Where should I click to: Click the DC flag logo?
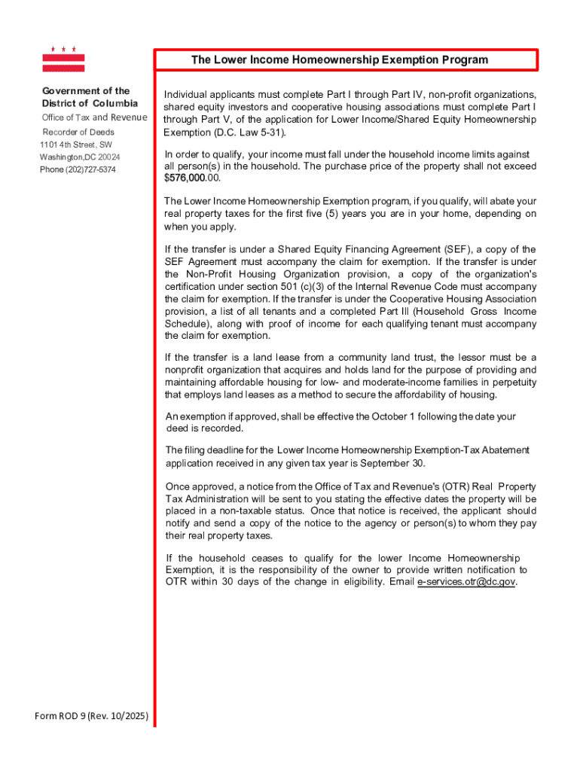(63, 59)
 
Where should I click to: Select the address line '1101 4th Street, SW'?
(75, 145)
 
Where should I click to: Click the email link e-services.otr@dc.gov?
(466, 582)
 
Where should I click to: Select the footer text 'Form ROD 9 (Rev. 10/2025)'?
(91, 715)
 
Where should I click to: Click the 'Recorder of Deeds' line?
(78, 132)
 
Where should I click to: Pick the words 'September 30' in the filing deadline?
(395, 463)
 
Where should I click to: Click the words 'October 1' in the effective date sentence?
(415, 416)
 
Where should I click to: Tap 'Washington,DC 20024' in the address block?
(80, 157)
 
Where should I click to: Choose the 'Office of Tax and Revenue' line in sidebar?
(94, 117)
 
